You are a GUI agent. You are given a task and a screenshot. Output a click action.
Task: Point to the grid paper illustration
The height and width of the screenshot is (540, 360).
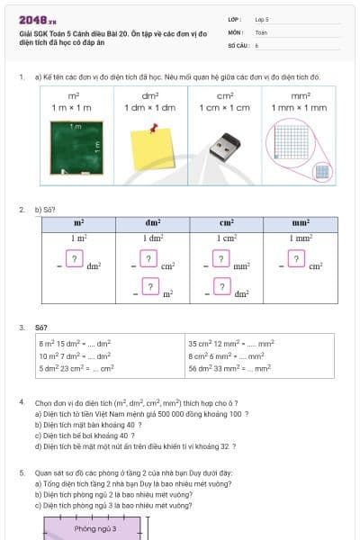[297, 144]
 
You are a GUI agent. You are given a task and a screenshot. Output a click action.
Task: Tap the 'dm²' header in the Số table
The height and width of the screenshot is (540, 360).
[153, 222]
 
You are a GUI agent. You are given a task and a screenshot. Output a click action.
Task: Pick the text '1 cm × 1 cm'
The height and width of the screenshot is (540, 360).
[226, 107]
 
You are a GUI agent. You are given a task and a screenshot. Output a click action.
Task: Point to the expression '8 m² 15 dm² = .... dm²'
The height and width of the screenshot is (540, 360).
[76, 344]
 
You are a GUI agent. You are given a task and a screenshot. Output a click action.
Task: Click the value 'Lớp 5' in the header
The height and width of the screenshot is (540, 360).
[262, 19]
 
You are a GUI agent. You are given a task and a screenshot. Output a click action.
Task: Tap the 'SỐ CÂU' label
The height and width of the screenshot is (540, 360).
[238, 44]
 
